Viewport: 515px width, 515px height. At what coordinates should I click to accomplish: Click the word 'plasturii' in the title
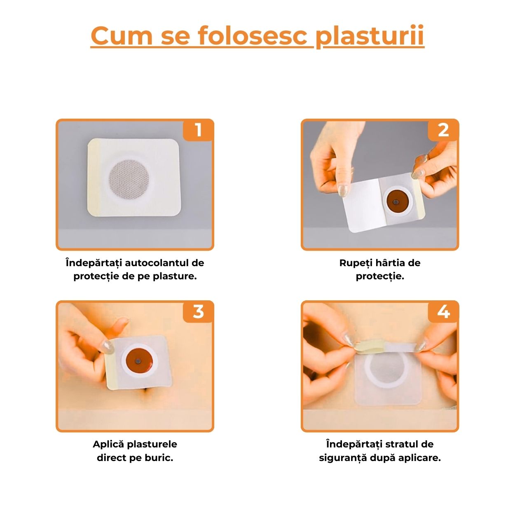[x=370, y=36]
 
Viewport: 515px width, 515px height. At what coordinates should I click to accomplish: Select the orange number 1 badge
[x=198, y=130]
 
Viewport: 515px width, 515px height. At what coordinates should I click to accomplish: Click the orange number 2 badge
[x=443, y=130]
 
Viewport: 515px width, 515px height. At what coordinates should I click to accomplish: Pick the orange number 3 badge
[x=198, y=311]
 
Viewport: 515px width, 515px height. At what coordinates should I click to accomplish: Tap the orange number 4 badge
[x=443, y=311]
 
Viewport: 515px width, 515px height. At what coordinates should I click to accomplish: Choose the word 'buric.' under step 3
[x=159, y=458]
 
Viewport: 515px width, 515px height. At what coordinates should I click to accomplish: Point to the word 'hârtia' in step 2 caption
[x=390, y=263]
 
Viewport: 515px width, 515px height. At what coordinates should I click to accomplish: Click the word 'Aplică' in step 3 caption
[x=108, y=444]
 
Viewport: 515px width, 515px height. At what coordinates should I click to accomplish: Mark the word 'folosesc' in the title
[x=252, y=36]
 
